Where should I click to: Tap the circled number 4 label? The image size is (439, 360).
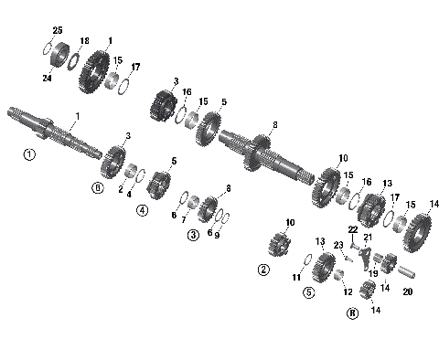point(143,210)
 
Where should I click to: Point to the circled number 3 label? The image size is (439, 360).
point(193,235)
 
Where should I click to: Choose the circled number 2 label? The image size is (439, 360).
point(263,270)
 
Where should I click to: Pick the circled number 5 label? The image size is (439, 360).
point(309,292)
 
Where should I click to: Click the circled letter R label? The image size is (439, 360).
point(351,312)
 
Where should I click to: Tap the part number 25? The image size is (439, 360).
point(58,31)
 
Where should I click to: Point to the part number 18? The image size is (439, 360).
point(84,41)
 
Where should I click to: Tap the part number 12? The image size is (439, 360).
point(348,291)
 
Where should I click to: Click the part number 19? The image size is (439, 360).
point(372,273)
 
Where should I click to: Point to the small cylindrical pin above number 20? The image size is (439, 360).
point(405,271)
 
